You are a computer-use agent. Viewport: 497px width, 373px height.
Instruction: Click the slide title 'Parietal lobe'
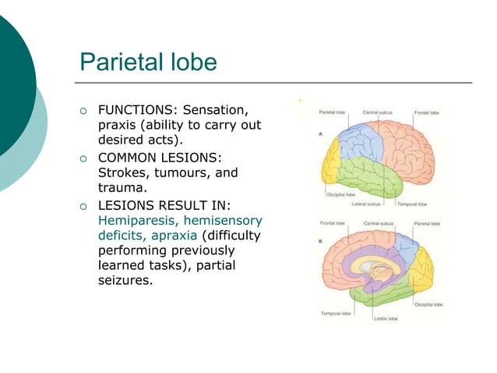148,62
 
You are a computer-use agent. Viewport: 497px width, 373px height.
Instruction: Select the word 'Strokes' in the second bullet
123,172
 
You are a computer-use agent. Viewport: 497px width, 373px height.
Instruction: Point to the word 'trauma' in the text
121,187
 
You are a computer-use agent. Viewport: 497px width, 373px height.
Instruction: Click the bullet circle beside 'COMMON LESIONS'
83,158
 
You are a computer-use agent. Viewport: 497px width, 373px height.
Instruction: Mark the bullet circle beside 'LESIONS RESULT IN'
83,206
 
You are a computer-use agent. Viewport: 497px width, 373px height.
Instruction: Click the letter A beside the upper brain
321,133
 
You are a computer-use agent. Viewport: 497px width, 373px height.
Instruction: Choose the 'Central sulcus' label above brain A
377,112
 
